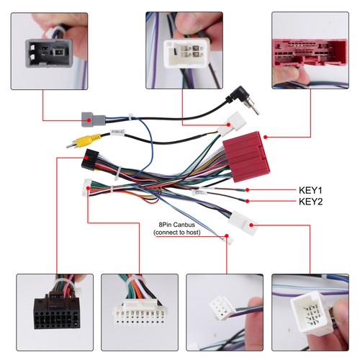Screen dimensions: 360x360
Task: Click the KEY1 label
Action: (x=310, y=190)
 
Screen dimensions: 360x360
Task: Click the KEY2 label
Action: (x=310, y=202)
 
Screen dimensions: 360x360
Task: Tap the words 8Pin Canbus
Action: (x=176, y=225)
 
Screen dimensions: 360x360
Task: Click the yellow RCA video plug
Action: (x=84, y=140)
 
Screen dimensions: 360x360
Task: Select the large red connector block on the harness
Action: (x=246, y=153)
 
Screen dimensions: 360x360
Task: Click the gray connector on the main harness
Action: (x=93, y=120)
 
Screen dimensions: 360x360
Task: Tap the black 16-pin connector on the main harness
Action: (x=90, y=159)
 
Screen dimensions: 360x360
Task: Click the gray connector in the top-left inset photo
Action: (x=49, y=53)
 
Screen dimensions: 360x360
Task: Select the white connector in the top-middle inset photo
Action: (x=186, y=53)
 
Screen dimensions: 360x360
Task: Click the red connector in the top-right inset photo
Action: (x=310, y=53)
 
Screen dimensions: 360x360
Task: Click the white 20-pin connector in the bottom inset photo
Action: (x=140, y=315)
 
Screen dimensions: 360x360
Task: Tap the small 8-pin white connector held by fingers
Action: (x=221, y=308)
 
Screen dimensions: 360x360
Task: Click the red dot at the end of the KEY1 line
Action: (x=247, y=190)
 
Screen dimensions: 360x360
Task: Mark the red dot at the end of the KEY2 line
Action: (x=247, y=201)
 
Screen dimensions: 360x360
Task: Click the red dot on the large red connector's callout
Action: (x=265, y=137)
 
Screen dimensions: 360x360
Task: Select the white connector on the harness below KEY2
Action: (x=243, y=223)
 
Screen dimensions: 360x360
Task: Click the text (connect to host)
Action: (x=177, y=233)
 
